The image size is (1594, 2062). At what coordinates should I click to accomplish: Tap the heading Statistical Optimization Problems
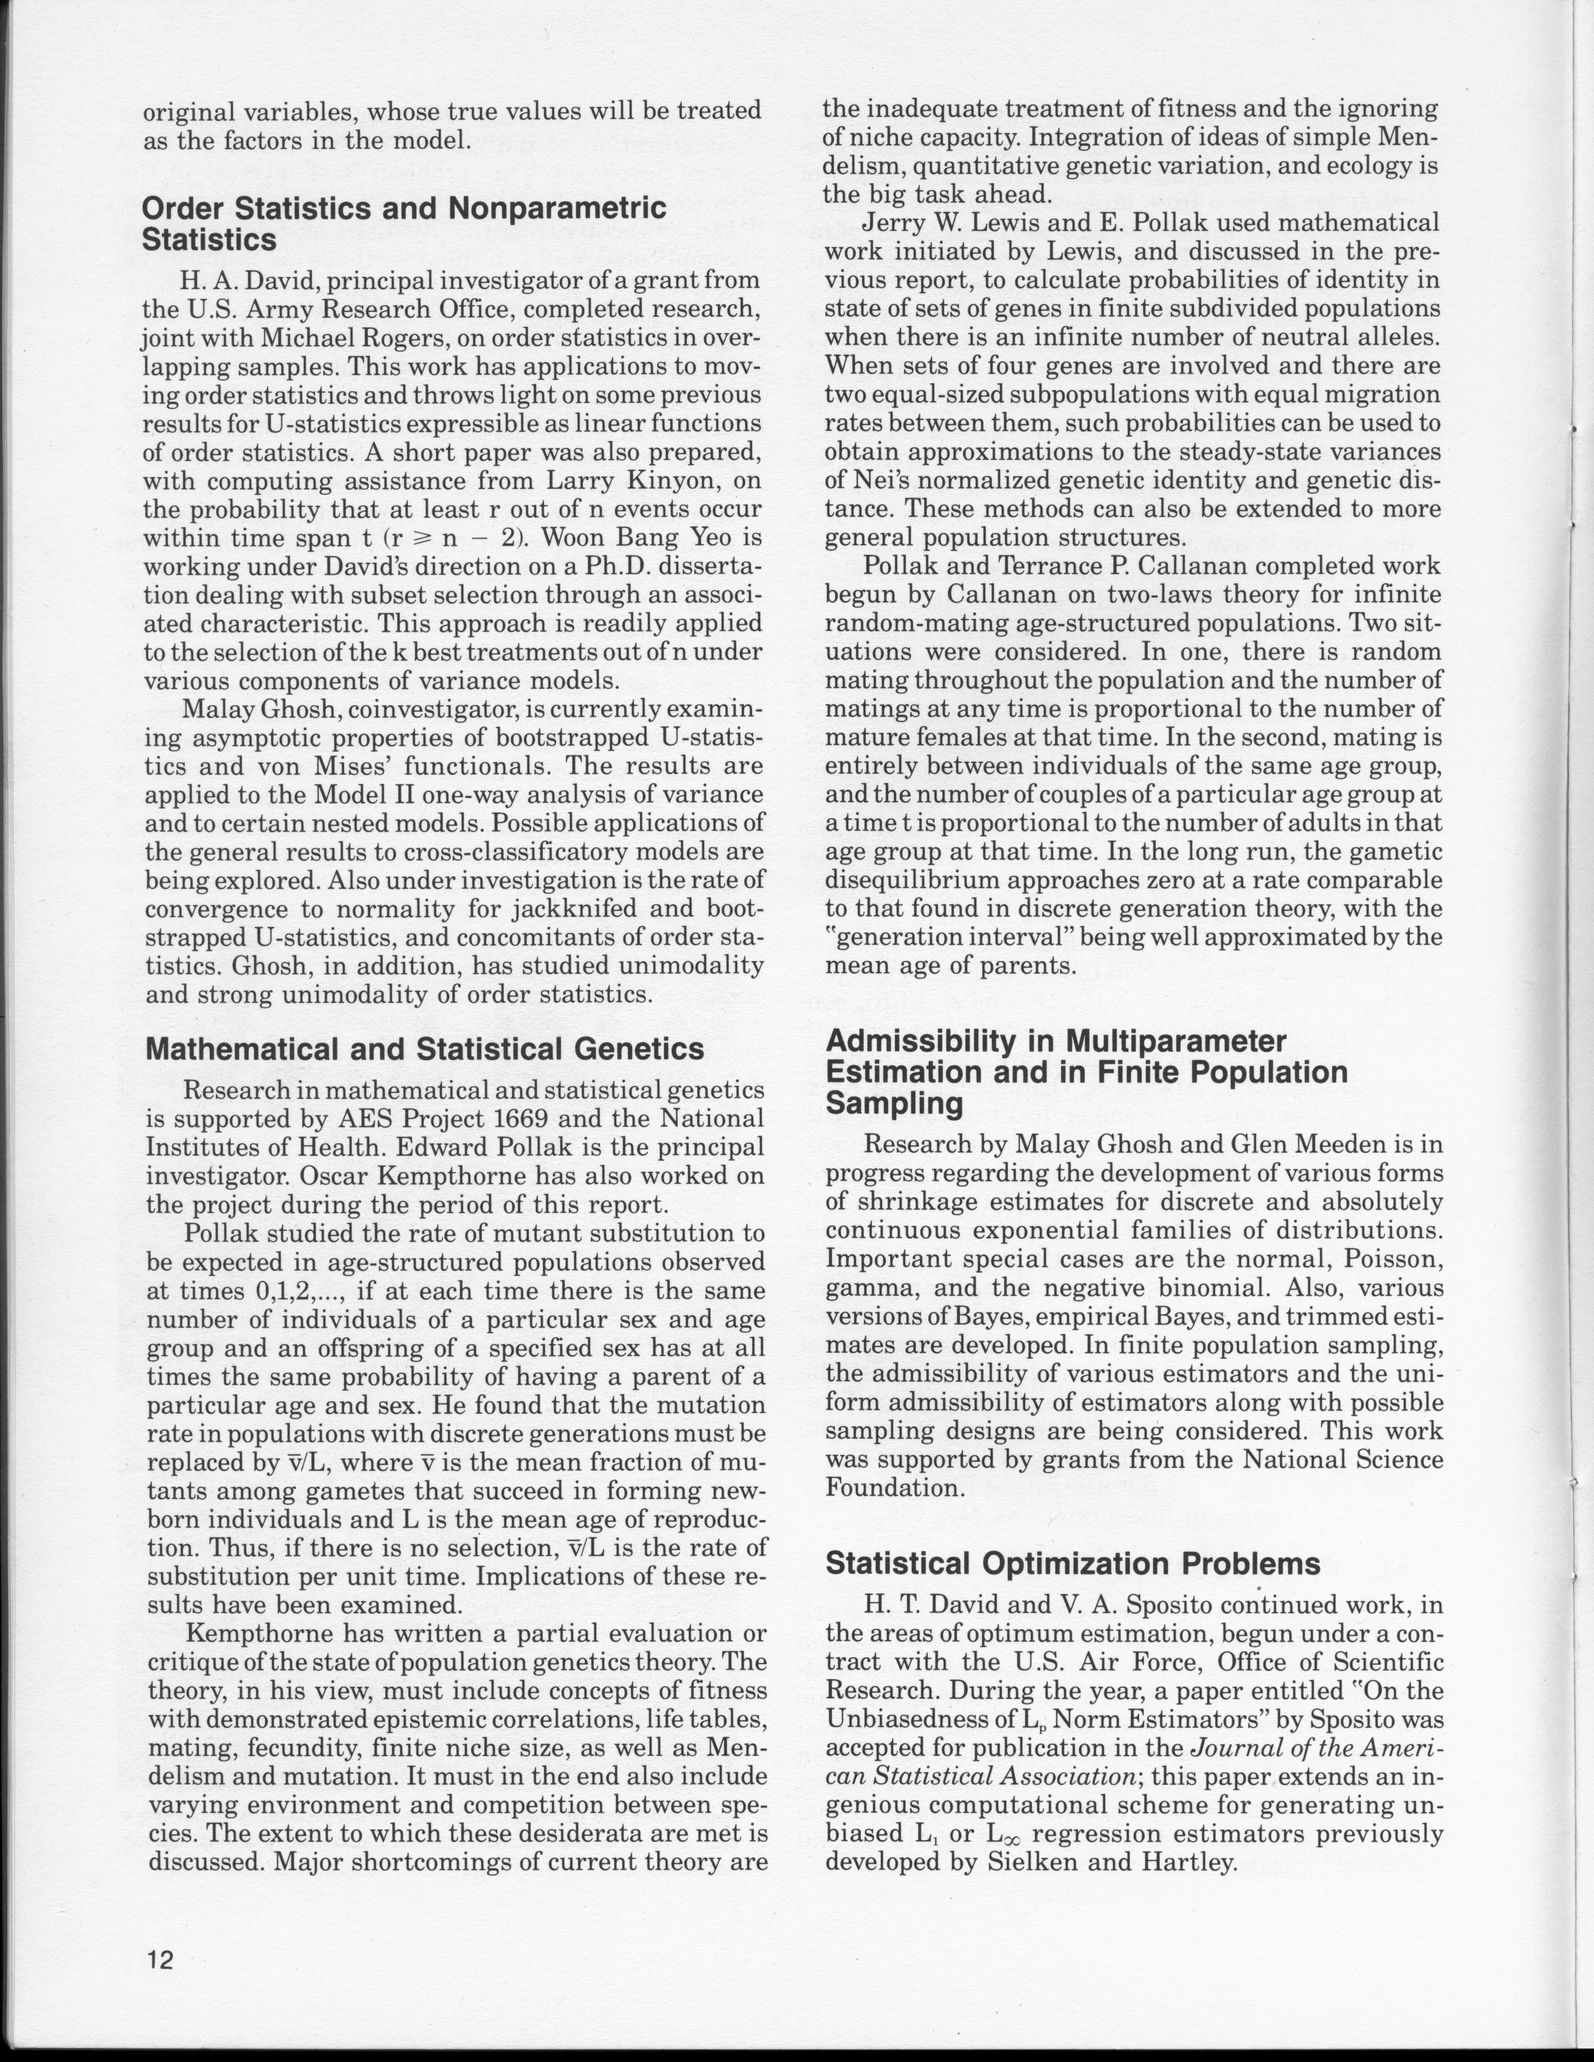[x=1073, y=1563]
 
